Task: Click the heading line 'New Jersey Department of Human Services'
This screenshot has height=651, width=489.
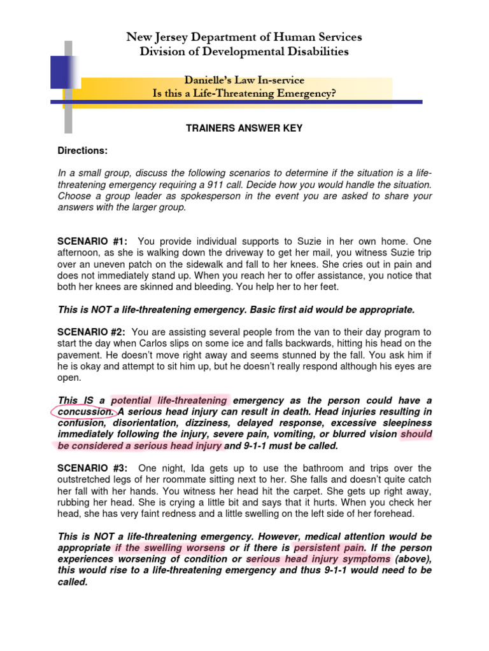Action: point(244,37)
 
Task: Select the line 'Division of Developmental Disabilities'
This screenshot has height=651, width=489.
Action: point(244,52)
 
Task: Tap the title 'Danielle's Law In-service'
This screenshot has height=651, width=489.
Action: point(244,80)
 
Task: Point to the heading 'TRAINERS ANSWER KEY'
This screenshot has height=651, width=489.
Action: point(244,128)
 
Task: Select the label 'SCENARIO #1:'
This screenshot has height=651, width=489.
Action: point(92,241)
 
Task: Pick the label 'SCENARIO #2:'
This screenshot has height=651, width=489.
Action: point(92,332)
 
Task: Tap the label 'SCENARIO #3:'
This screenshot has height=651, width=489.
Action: point(92,469)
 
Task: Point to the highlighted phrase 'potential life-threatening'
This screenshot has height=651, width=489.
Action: point(169,401)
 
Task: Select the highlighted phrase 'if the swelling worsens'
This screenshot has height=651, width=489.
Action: point(170,548)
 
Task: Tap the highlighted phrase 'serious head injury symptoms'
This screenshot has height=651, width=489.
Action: point(318,559)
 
